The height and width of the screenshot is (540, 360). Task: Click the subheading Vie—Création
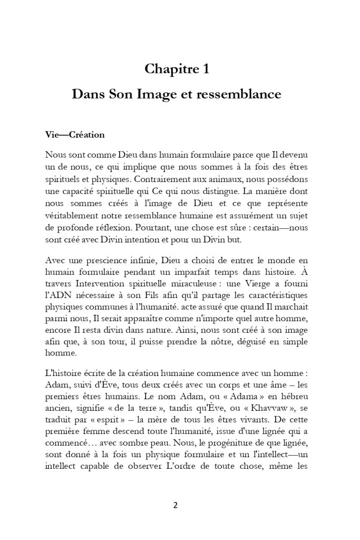click(75, 135)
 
